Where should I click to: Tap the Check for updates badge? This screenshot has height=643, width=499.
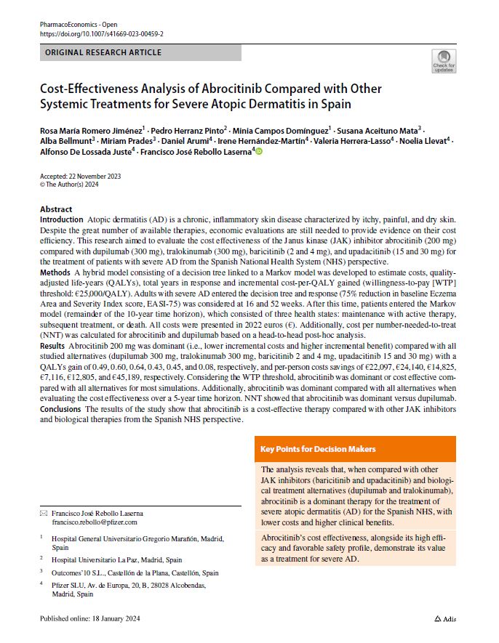(444, 61)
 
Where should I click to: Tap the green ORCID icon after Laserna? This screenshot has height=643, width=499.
(258, 151)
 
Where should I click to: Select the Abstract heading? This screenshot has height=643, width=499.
(56, 209)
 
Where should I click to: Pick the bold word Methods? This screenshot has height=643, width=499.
(55, 289)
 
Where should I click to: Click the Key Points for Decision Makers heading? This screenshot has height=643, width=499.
(318, 449)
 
